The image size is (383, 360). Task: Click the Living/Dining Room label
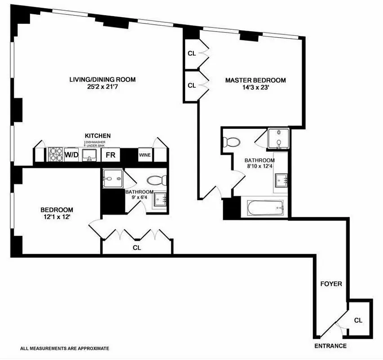click(102, 80)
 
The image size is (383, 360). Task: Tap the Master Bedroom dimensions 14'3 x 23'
click(255, 88)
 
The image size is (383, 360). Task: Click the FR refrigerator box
click(110, 156)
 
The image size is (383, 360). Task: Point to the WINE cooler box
click(145, 156)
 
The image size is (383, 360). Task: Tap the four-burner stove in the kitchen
click(55, 155)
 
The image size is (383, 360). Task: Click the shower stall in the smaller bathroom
click(112, 180)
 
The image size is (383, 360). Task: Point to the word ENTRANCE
click(330, 346)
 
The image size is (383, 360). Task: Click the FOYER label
click(331, 284)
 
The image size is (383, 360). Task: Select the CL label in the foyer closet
click(358, 320)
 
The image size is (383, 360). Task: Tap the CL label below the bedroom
click(137, 247)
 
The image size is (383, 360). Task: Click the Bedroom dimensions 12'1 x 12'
click(57, 217)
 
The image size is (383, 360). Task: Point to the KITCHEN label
click(98, 135)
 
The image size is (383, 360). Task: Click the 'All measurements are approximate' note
click(64, 348)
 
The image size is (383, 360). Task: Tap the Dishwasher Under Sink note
click(96, 144)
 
